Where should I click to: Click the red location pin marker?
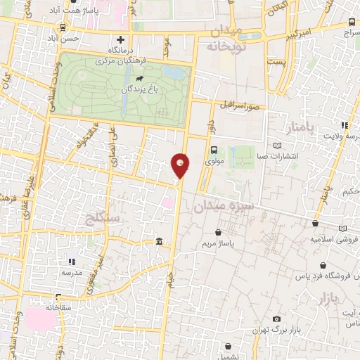click(181, 165)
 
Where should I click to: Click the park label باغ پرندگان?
click(135, 90)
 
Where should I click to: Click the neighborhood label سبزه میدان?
click(219, 205)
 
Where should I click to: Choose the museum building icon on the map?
click(159, 243)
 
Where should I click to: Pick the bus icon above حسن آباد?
click(64, 27)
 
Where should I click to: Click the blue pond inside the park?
click(171, 72)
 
